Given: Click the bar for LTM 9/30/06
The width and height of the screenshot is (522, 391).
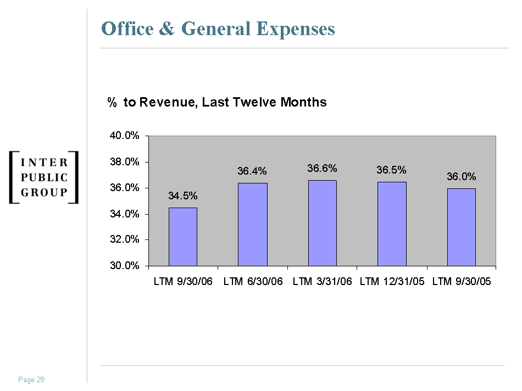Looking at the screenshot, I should (182, 237).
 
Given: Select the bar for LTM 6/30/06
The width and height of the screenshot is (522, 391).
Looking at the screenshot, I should (252, 225).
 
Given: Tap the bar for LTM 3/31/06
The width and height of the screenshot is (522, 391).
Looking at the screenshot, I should (322, 223).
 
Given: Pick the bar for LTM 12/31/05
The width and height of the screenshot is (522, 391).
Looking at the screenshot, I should (392, 224).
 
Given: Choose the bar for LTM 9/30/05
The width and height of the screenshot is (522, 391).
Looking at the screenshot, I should (461, 227).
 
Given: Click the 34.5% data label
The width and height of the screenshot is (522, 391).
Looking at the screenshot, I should (182, 195).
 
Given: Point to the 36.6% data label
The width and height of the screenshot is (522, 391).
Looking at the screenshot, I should (322, 168).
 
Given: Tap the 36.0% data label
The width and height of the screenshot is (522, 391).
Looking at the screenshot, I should (461, 177).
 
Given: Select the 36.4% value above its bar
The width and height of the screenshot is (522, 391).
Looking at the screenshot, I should (252, 171).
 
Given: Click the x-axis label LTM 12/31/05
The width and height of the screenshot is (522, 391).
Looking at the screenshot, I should (392, 282).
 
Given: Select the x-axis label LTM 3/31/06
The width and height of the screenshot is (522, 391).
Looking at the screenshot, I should (322, 282).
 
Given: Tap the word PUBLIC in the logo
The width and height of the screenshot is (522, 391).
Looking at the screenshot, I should (44, 177).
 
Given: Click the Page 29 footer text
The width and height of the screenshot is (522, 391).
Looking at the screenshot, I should (31, 380).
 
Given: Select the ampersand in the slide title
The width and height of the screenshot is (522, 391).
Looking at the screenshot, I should (167, 29).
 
